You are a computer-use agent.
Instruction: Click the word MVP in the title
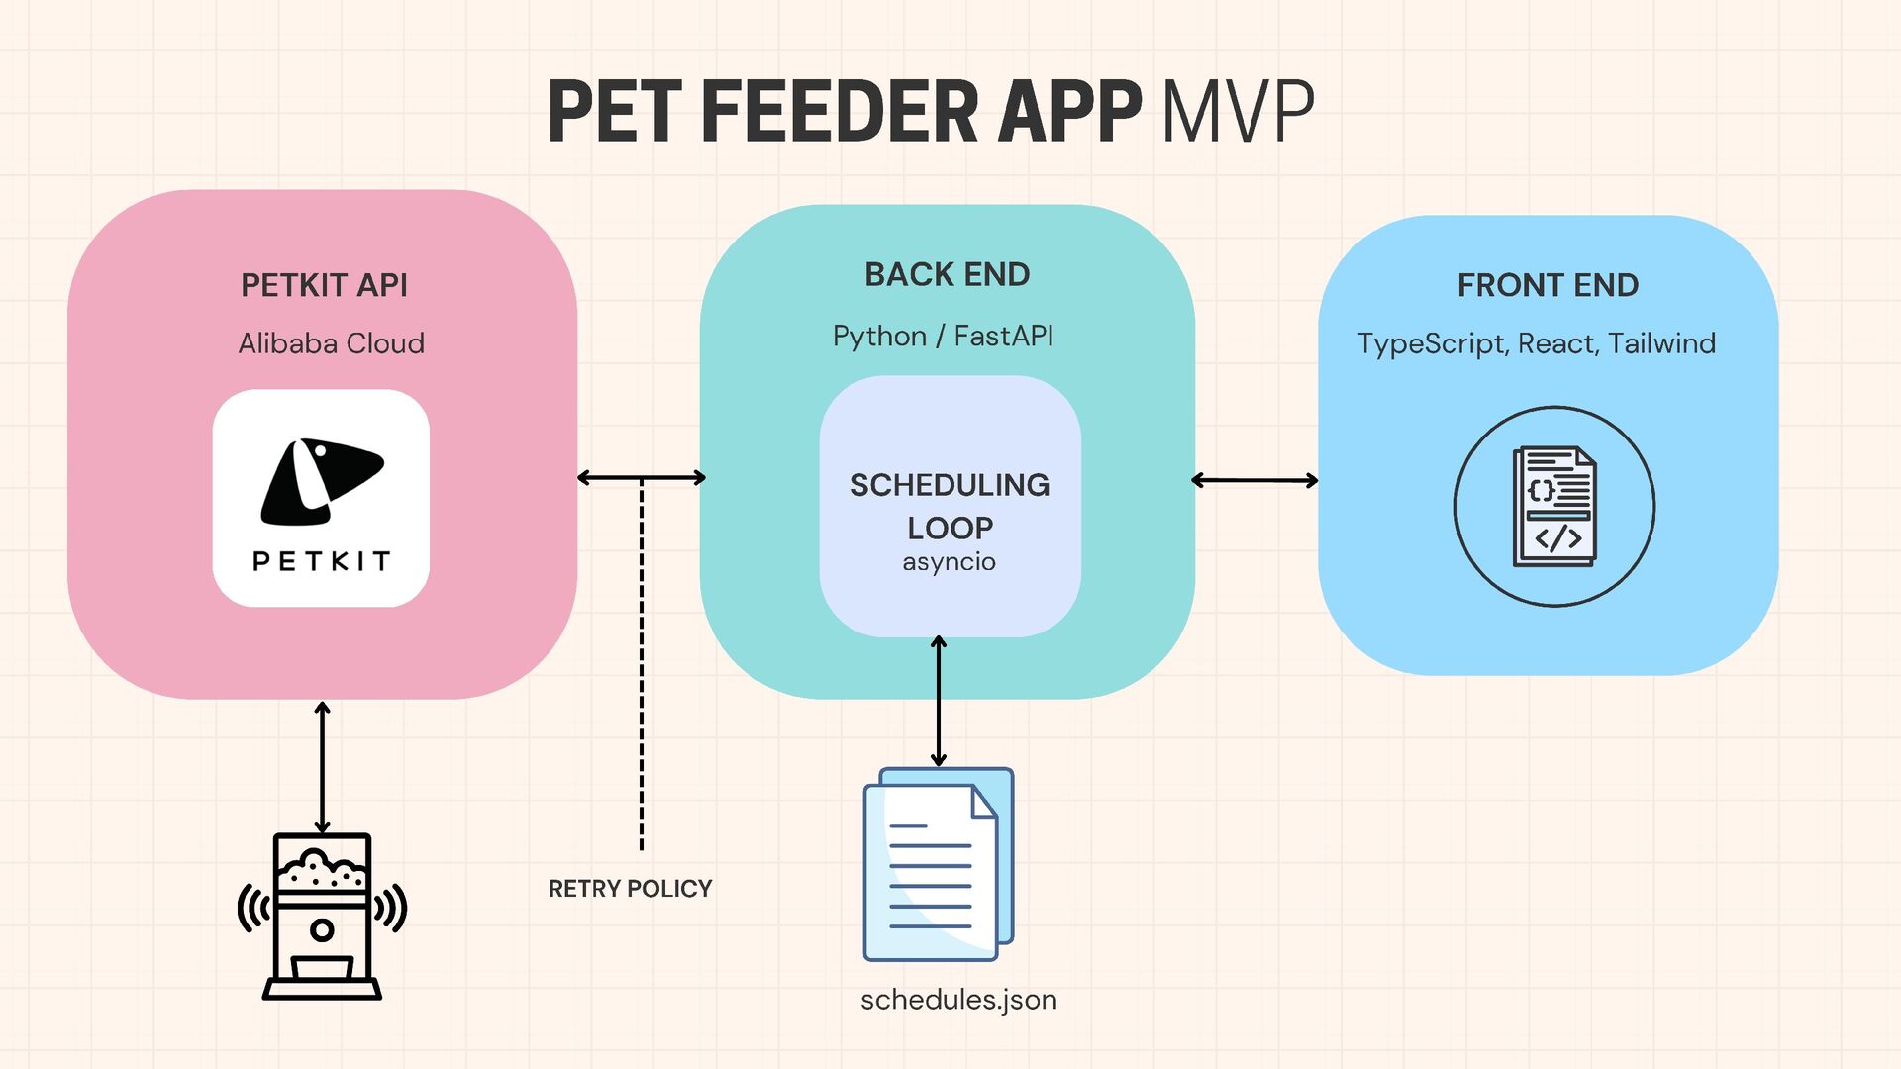[x=1238, y=111]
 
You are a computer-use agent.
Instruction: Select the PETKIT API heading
[x=324, y=285]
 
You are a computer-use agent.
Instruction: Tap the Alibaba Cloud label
[x=331, y=343]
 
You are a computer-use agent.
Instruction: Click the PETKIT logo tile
[x=321, y=498]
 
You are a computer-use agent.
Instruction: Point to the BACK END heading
[x=947, y=274]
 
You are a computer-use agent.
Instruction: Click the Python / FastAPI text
[x=943, y=337]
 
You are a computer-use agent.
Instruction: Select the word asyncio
[x=949, y=562]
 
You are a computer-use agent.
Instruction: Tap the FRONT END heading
[x=1548, y=285]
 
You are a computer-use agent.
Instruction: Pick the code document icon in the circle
[x=1554, y=507]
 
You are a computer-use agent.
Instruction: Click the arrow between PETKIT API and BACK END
[x=642, y=478]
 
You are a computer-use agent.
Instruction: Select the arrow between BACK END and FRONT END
[x=1254, y=481]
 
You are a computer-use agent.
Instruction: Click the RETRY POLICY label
[x=630, y=889]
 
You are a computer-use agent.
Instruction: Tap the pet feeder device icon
[x=322, y=916]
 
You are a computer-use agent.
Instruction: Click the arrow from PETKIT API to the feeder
[x=322, y=767]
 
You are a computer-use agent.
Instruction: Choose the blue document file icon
[x=938, y=864]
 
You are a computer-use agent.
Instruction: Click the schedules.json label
[x=958, y=1000]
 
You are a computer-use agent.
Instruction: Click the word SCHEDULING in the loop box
[x=950, y=485]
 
